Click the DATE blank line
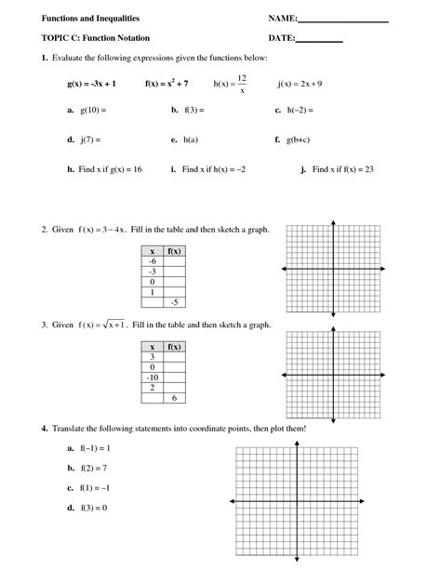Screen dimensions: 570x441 (x=319, y=40)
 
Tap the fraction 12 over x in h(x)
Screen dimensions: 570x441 (x=241, y=84)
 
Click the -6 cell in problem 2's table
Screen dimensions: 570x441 (x=154, y=261)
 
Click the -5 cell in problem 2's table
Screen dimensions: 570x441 (x=174, y=302)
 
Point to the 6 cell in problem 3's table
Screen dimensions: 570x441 (x=174, y=397)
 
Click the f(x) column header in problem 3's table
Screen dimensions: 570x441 (x=174, y=346)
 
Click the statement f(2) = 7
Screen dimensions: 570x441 (x=95, y=468)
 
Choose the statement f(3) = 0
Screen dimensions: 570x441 (x=94, y=508)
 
